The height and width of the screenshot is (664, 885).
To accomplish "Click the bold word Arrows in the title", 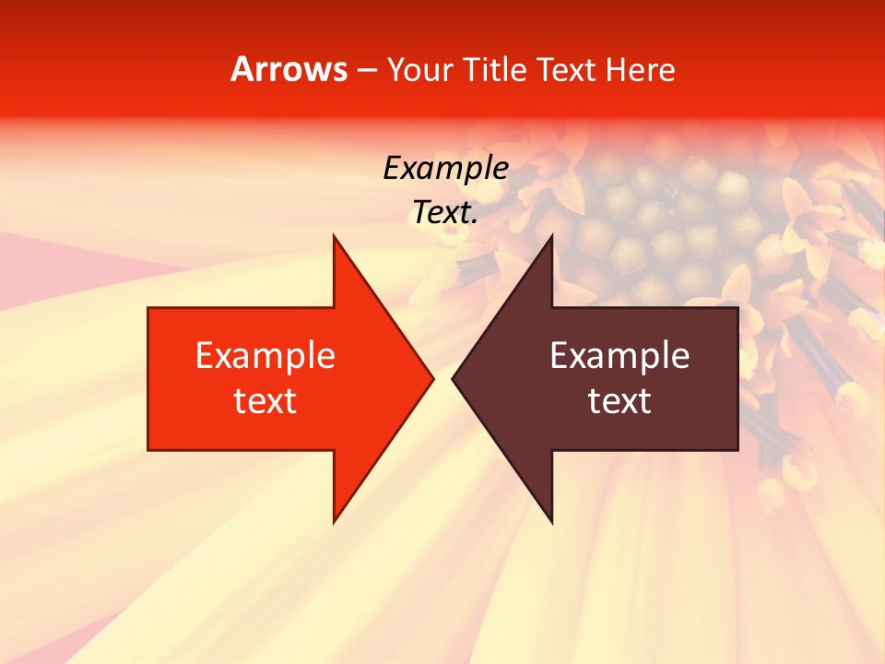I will coord(289,69).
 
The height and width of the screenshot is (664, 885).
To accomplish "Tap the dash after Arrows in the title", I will coord(366,71).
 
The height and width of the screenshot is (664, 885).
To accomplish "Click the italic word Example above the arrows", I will coord(445,169).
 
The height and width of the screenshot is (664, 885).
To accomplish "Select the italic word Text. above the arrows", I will coord(445,213).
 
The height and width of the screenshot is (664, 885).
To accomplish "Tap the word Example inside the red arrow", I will coord(265,356).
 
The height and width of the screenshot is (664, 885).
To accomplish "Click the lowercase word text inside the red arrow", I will coord(265,401).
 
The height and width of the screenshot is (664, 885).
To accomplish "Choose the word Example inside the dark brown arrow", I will coord(619,356).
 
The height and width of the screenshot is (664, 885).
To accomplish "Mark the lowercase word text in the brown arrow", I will coord(619,401).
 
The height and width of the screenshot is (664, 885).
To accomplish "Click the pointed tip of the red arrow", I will coord(432,378).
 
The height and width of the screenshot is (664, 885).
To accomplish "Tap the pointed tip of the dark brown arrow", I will coord(454,378).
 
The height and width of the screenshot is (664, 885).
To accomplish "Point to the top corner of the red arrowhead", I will coord(334,236).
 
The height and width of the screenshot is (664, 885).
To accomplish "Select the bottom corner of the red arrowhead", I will coord(334,521).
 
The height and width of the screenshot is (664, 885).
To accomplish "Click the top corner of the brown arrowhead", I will coord(551,236).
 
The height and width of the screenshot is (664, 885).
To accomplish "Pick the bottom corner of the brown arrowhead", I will coord(551,521).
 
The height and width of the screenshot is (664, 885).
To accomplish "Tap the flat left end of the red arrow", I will coord(149,378).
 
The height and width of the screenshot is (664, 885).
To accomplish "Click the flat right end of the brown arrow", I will coord(737,378).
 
